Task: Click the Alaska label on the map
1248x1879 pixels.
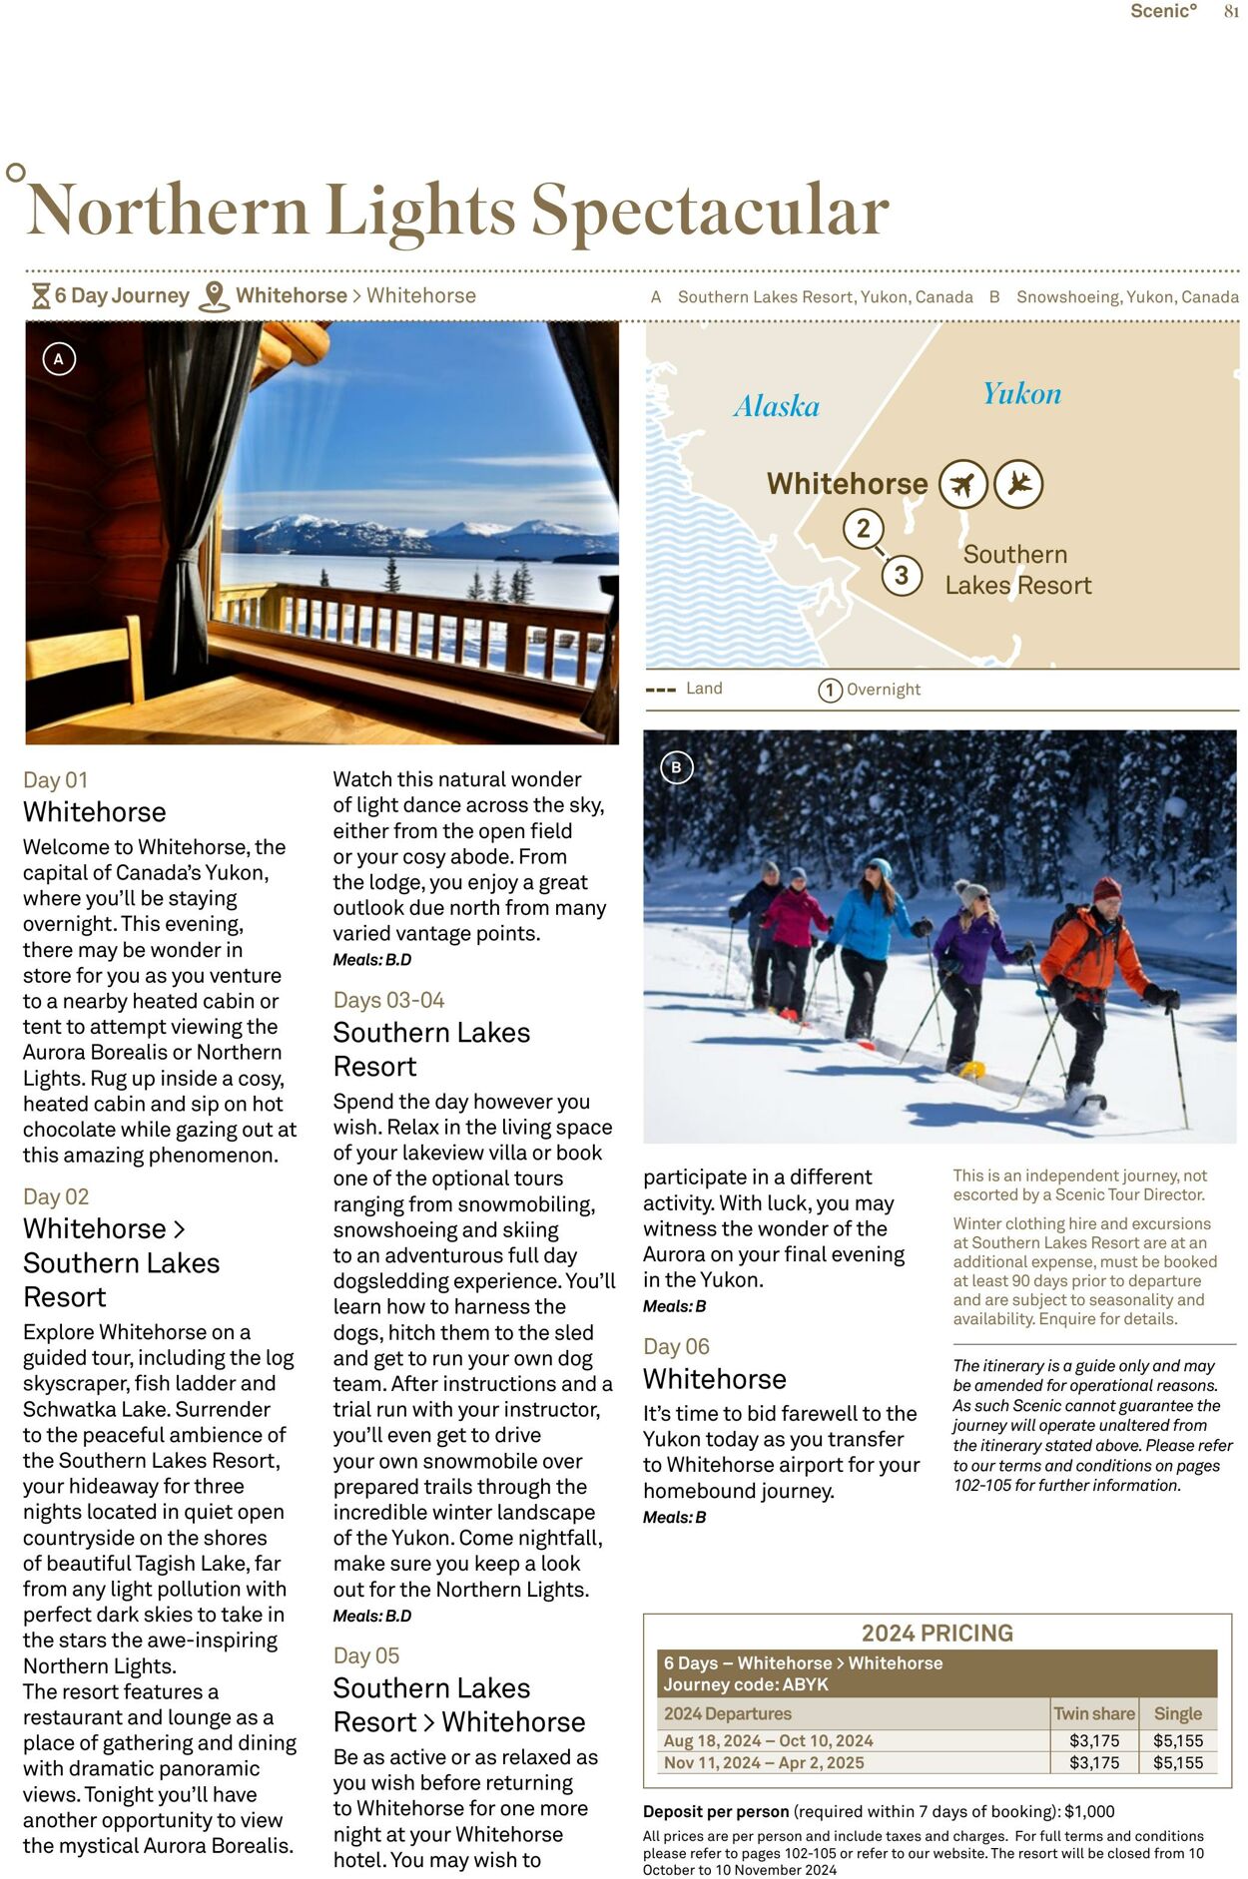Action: click(776, 406)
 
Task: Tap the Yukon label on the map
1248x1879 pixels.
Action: click(1021, 393)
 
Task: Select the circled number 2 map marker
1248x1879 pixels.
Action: click(863, 528)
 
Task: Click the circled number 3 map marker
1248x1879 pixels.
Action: click(902, 575)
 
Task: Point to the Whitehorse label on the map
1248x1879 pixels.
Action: click(847, 484)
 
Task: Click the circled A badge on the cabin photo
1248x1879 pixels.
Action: click(59, 359)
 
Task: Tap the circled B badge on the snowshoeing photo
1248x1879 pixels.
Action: click(676, 767)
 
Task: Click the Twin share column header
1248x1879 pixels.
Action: click(1094, 1713)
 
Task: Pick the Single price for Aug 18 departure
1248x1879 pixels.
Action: click(1177, 1740)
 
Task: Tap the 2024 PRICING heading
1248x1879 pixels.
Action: click(936, 1633)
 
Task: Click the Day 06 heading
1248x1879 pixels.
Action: click(676, 1346)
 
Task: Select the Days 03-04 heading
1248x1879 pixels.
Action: click(388, 1000)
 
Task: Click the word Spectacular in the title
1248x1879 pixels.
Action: click(709, 211)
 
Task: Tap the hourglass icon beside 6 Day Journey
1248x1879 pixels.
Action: click(41, 296)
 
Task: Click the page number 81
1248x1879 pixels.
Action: click(1231, 11)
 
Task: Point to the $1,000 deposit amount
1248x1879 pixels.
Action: click(1089, 1811)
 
